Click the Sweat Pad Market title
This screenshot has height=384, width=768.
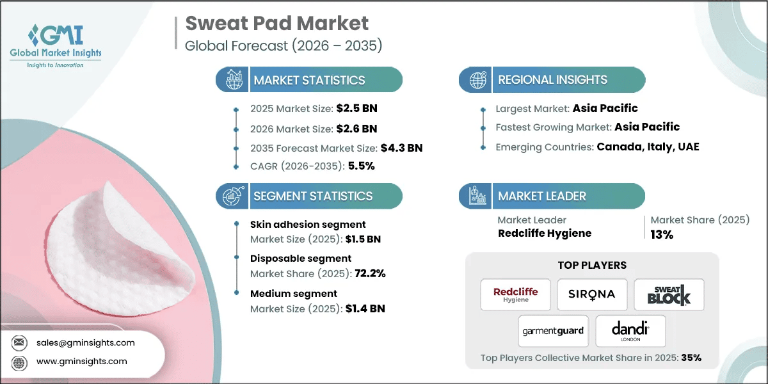[x=276, y=24]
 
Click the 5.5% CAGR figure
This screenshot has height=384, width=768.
[x=361, y=166]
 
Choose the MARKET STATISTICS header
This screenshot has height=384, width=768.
[x=309, y=80]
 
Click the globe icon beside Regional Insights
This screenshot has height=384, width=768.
[x=476, y=80]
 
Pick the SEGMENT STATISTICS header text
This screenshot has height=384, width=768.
[x=312, y=196]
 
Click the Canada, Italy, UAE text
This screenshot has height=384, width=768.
[x=648, y=147]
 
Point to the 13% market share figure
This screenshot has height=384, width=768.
[x=662, y=235]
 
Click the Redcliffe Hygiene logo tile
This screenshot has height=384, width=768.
[x=516, y=294]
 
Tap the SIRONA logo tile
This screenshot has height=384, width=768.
[x=591, y=294]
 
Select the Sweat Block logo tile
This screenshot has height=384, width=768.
[x=669, y=294]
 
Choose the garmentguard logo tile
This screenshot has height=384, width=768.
[x=553, y=331]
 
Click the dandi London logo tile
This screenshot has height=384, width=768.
[x=630, y=331]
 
